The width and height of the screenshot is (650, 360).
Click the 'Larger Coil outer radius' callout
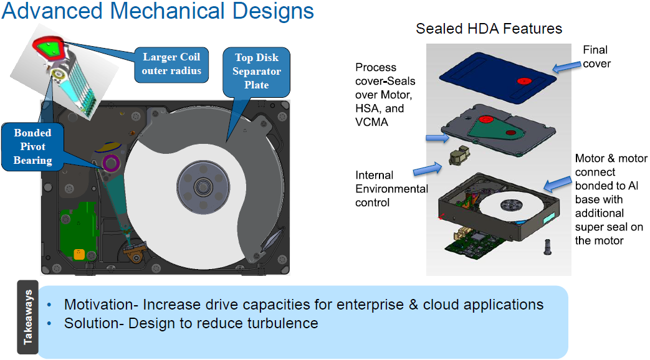click(x=172, y=64)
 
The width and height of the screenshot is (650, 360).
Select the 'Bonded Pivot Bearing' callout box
click(x=32, y=146)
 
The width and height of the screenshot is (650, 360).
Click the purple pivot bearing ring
click(x=111, y=164)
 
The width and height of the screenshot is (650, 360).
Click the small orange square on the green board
click(x=79, y=253)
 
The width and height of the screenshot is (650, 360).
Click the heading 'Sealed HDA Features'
click(x=489, y=29)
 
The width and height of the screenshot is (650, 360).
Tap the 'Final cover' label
click(x=595, y=56)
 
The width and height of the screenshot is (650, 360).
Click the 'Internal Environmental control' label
click(x=391, y=189)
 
